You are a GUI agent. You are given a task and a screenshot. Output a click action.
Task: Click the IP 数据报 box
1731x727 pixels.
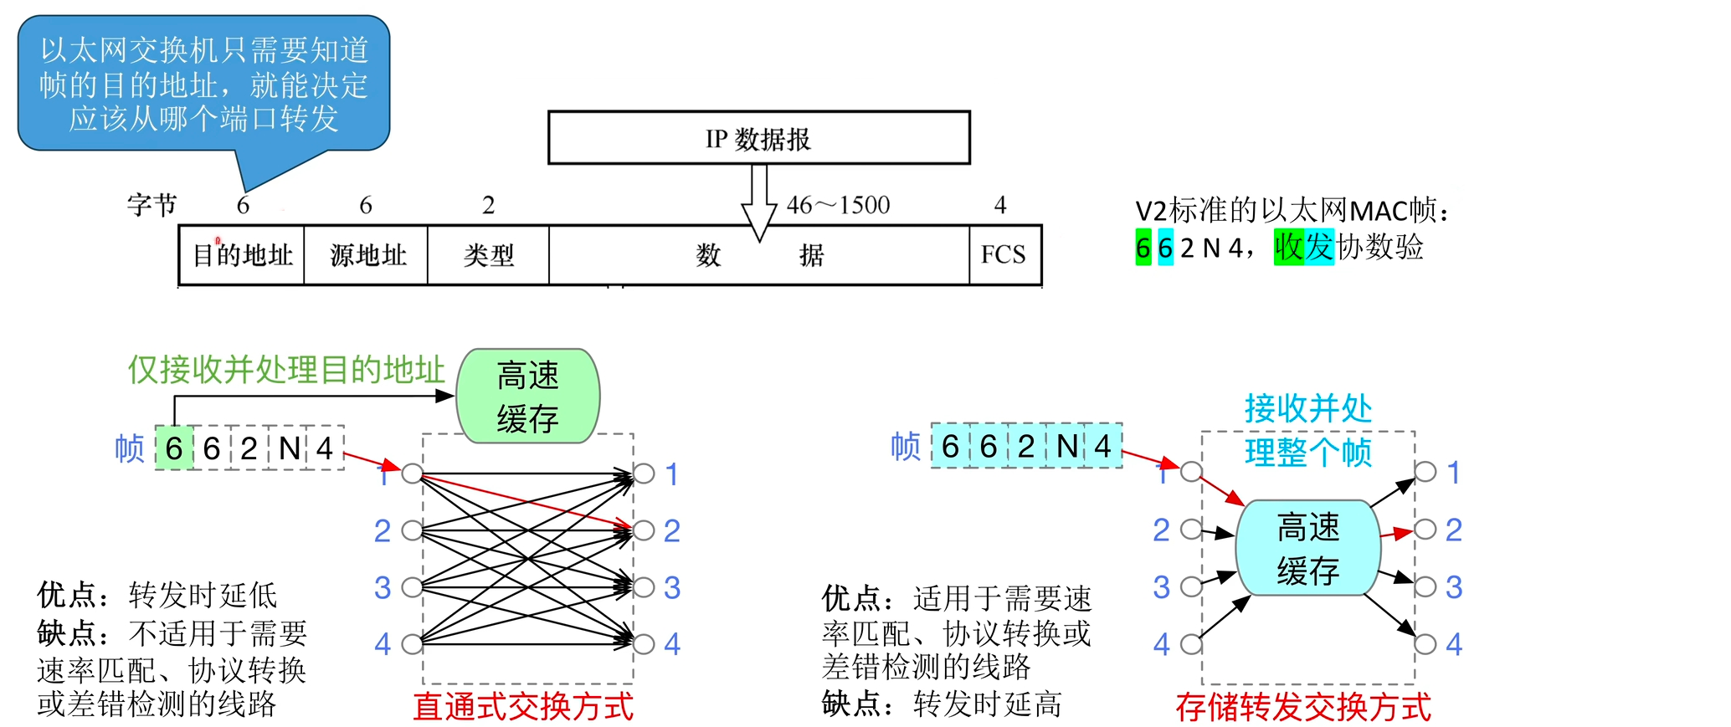tap(758, 138)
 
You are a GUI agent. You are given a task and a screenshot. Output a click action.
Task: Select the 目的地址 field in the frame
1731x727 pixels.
tap(242, 255)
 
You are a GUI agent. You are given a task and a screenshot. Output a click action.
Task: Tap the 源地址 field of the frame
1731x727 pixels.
tap(367, 255)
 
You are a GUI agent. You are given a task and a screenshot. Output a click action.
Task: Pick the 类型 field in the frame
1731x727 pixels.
tap(488, 255)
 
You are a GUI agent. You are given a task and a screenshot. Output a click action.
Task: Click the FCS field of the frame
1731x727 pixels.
tap(1004, 254)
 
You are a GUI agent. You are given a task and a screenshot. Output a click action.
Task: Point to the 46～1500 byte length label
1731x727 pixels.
tap(838, 205)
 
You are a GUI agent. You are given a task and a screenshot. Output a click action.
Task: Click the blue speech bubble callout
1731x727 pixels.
tap(203, 84)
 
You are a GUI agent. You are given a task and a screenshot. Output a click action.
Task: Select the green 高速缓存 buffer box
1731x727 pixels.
tap(527, 397)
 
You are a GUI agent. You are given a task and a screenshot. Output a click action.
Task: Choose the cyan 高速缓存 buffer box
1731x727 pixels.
tap(1307, 549)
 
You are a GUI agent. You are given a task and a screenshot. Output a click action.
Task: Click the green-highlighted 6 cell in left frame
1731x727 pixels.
tap(174, 448)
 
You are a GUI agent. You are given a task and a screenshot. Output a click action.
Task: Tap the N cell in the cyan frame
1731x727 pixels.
tap(1066, 446)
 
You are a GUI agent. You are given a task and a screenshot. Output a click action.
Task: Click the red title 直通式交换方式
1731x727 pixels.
tap(523, 707)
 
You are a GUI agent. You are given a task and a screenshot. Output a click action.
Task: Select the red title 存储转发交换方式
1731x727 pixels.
tap(1302, 707)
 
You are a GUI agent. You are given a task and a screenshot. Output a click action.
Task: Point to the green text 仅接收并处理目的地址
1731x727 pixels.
tap(285, 370)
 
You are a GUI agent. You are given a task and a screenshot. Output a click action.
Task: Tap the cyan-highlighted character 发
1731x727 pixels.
tap(1319, 247)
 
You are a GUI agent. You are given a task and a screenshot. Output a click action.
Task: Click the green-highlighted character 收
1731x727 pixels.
tap(1289, 247)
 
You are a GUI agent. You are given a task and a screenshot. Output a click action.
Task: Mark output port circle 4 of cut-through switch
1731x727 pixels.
tap(644, 643)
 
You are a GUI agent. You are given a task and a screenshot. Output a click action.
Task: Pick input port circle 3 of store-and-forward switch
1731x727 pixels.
tap(1190, 586)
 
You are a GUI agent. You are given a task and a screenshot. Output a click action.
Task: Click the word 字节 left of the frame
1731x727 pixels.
tap(152, 205)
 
